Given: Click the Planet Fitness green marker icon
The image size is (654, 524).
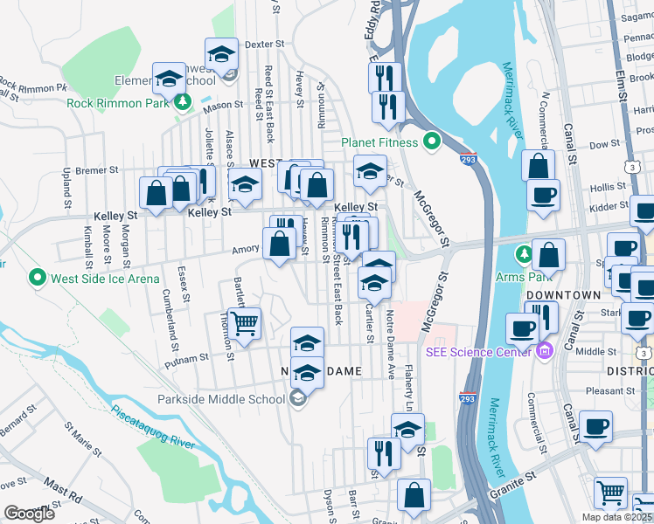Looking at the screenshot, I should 431,141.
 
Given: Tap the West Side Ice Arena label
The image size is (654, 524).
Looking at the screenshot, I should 106,279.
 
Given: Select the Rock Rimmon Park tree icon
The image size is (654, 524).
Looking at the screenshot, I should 183,102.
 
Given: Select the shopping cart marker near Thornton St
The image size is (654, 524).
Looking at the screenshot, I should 244,323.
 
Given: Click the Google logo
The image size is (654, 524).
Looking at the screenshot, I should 29,514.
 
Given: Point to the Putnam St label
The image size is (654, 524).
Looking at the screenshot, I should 190,356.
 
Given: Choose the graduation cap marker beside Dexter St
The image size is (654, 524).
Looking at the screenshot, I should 221,54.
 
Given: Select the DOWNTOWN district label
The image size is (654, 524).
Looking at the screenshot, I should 563,295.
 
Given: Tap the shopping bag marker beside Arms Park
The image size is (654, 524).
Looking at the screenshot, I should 548,256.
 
